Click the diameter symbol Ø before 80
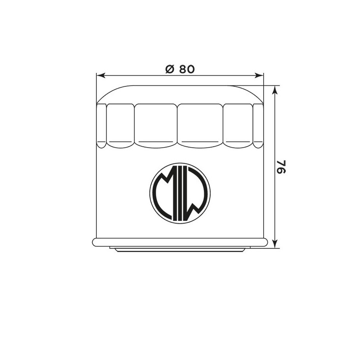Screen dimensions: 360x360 [x=170, y=69]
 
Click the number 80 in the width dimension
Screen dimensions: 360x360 [x=187, y=69]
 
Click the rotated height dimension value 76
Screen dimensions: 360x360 [x=281, y=167]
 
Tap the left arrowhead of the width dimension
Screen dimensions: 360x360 [x=101, y=75]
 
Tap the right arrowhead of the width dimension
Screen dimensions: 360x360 [x=259, y=75]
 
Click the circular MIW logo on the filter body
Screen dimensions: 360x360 [x=180, y=193]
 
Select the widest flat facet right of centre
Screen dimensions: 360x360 [x=200, y=126]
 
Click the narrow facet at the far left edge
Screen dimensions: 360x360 [x=102, y=126]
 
